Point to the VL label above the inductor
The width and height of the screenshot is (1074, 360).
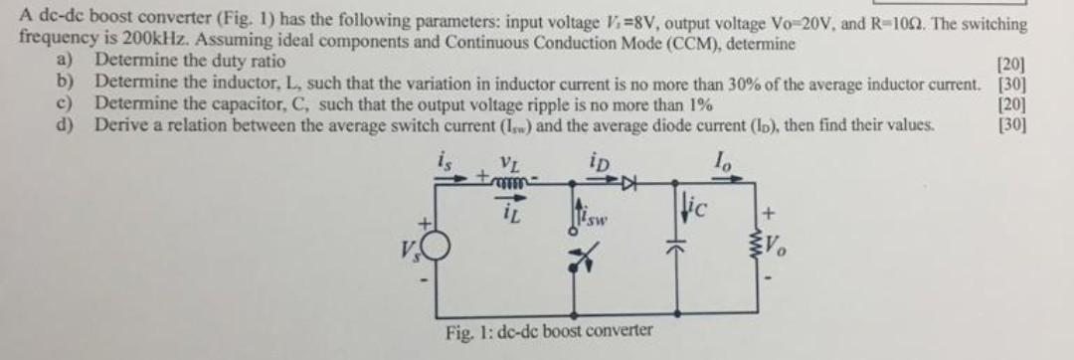click(508, 159)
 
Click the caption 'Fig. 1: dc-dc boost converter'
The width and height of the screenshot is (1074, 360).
click(549, 329)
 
